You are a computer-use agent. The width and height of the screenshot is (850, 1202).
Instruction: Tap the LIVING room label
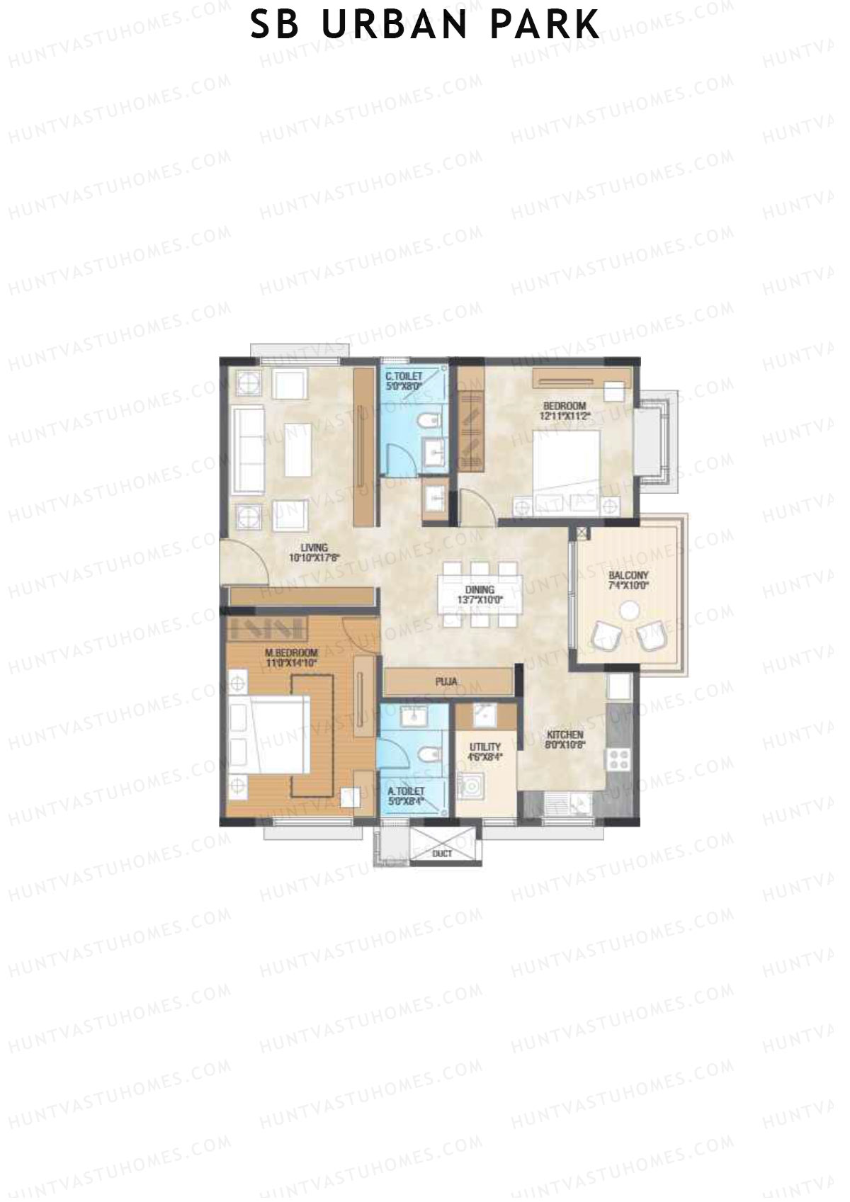pyautogui.click(x=314, y=548)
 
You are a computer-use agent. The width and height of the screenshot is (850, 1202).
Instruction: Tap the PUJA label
pyautogui.click(x=446, y=682)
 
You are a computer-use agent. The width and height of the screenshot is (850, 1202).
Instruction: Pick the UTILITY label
pyautogui.click(x=485, y=747)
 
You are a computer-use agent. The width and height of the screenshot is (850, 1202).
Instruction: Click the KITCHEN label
pyautogui.click(x=565, y=735)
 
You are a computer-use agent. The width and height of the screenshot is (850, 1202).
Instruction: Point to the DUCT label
pyautogui.click(x=442, y=854)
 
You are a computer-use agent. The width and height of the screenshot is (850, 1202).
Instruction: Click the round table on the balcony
pyautogui.click(x=629, y=610)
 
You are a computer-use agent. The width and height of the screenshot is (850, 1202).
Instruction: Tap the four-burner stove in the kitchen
pyautogui.click(x=618, y=759)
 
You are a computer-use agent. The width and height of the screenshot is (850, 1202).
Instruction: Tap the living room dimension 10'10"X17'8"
pyautogui.click(x=314, y=557)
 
